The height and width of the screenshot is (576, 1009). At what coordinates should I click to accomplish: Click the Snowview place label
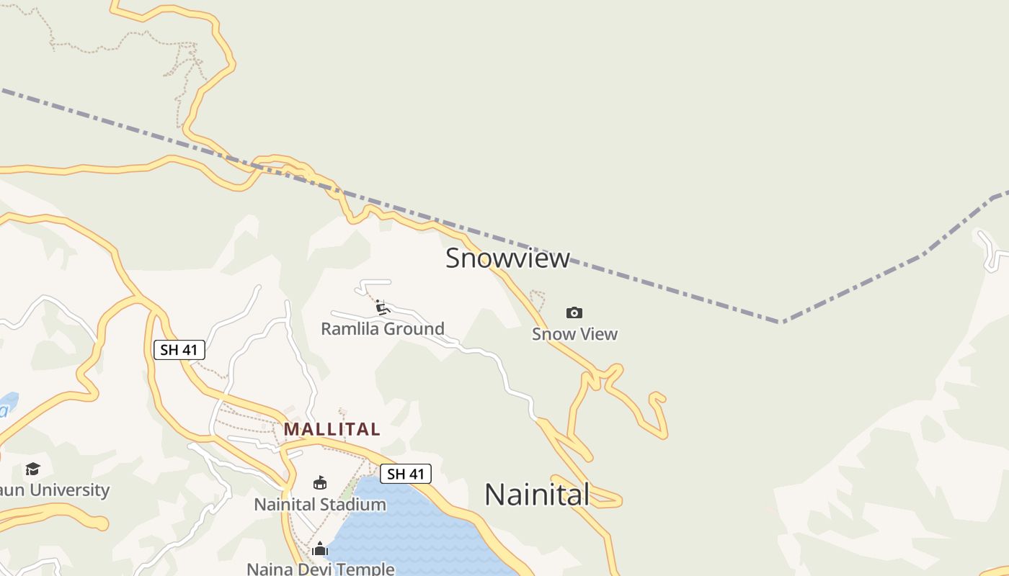507,258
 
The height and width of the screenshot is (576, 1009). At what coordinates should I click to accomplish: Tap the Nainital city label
537,495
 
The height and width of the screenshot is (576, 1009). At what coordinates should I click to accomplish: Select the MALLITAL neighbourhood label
332,429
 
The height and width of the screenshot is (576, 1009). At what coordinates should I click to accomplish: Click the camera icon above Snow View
574,312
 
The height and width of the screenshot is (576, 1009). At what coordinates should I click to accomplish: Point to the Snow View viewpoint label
574,334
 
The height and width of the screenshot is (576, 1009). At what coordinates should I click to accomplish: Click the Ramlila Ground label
382,329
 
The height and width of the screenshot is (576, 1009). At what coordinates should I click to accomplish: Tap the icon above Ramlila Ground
383,308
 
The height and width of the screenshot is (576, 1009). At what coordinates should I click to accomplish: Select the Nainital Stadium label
319,504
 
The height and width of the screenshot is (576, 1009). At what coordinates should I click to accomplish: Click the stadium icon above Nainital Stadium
320,482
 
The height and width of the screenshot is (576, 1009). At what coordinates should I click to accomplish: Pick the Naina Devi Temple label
320,569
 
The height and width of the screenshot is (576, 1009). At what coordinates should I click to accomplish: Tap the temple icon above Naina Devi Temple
320,549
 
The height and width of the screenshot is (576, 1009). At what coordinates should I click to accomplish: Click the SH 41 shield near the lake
406,474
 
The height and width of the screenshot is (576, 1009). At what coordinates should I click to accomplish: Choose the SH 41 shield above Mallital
179,350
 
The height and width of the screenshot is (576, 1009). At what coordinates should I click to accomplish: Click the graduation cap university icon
32,469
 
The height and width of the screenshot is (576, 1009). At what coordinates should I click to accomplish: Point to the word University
68,490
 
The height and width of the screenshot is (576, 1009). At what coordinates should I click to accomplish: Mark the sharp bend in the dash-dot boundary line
781,321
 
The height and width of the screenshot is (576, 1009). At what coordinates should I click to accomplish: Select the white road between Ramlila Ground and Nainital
497,360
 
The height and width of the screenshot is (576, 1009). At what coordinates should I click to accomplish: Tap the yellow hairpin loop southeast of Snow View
657,414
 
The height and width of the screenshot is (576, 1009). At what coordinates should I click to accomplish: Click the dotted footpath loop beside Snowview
538,300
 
